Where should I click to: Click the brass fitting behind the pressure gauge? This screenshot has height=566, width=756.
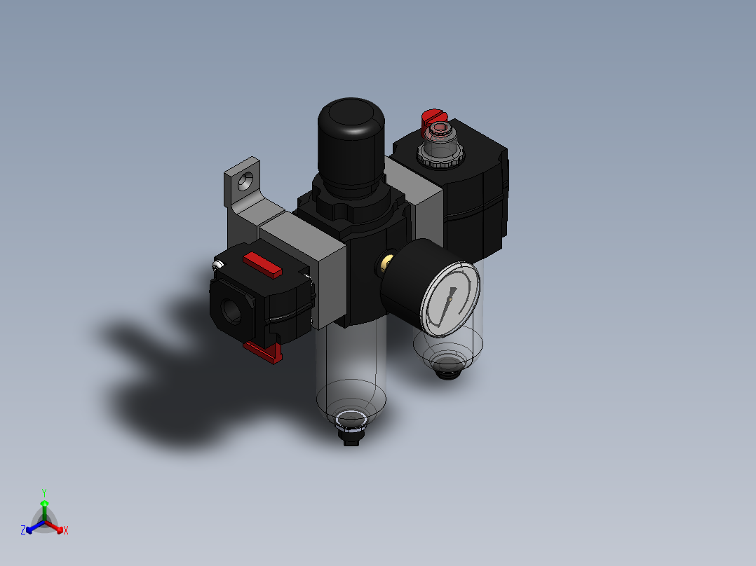pos(386,263)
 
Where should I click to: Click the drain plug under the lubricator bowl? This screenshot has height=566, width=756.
pos(446,367)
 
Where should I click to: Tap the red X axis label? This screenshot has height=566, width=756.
pos(66,531)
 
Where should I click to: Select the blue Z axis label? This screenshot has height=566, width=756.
pos(23,531)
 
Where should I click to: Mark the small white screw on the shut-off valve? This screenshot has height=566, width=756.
pos(217,265)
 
